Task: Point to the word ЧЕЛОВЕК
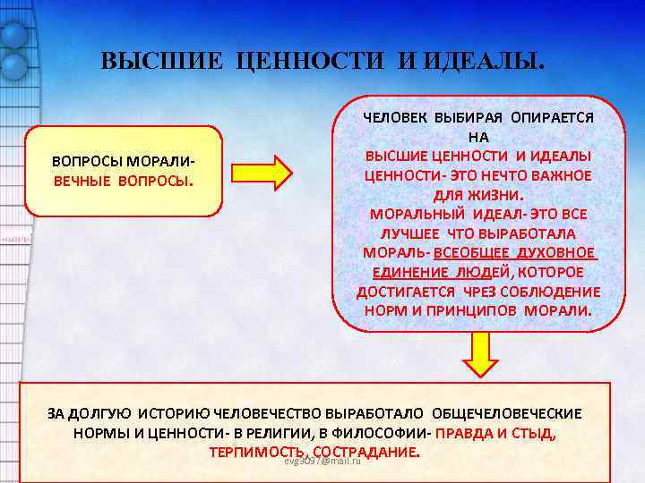[393, 117]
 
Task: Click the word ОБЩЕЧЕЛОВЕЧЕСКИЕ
[507, 414]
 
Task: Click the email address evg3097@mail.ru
[321, 461]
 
